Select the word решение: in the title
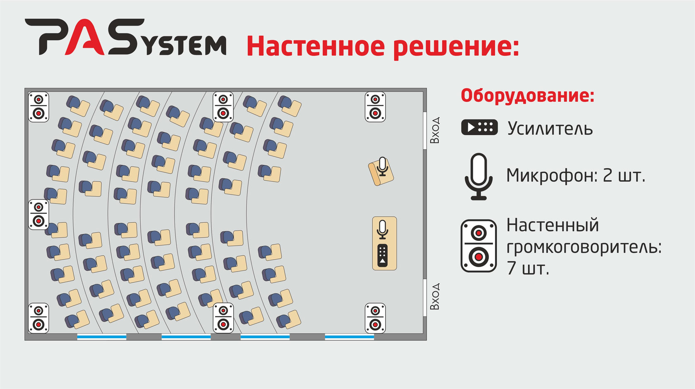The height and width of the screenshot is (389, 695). point(455,47)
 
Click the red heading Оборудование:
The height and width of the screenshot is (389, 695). point(527,95)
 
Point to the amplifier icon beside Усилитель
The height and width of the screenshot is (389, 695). point(479,127)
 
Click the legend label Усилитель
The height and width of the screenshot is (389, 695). point(550,129)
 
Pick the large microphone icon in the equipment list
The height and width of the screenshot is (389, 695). point(479,177)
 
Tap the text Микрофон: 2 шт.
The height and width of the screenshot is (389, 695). point(575,176)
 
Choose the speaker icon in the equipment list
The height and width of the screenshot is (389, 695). point(479,246)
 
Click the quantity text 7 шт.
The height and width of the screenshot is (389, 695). point(528,268)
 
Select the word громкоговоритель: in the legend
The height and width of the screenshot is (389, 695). point(584,247)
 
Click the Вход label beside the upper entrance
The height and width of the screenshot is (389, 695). point(435,130)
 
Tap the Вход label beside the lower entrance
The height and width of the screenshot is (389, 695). point(435,297)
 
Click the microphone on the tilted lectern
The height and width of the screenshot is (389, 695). point(382,166)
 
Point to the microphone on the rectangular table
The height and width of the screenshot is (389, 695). point(383,229)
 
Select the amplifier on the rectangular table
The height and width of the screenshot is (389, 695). point(383,255)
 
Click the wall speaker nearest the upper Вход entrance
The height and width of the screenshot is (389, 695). point(375,107)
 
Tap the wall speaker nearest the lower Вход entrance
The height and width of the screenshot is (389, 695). point(375,318)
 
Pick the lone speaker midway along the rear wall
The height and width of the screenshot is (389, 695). point(38,215)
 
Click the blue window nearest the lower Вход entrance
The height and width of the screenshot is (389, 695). point(349,337)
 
